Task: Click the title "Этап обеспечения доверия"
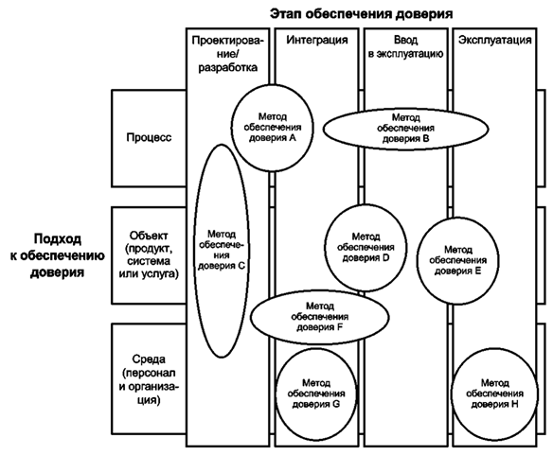tap(361, 14)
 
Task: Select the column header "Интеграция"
tap(316, 40)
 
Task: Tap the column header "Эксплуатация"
tap(495, 40)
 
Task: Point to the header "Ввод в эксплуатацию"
tap(405, 47)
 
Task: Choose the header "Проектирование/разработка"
tap(228, 54)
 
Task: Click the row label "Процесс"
tap(149, 137)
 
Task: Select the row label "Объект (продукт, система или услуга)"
tap(149, 254)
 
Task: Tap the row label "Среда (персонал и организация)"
tap(149, 379)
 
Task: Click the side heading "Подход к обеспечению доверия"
tap(57, 255)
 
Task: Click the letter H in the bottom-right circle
tap(514, 404)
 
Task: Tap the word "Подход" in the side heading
tap(58, 239)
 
